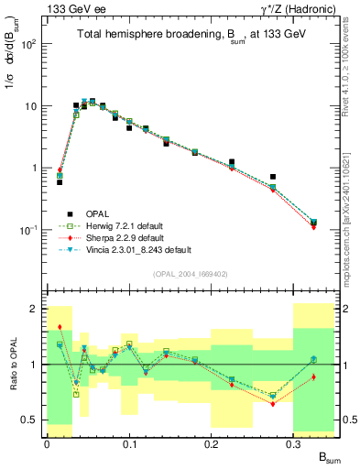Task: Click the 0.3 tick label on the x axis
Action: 293,443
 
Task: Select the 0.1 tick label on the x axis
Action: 129,443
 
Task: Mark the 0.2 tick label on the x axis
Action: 211,443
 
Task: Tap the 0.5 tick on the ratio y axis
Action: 33,420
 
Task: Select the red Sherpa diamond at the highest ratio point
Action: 60,327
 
